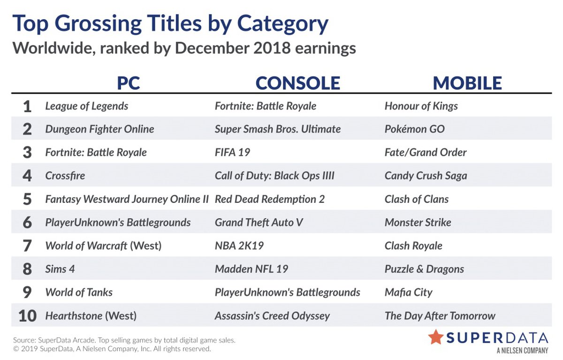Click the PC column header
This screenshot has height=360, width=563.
coord(129,83)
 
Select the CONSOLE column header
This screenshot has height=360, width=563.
coord(298,83)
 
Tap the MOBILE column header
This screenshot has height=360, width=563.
coord(467,83)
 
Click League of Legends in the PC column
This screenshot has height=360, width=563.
coord(87,106)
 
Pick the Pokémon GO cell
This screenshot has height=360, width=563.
coord(414,129)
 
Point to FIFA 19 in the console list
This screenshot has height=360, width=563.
coord(233,153)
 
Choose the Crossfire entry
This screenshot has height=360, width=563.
coord(65,176)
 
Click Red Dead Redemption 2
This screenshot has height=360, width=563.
coord(270,199)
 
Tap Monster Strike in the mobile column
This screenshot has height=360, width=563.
coord(418,222)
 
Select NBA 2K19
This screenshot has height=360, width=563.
coord(239,246)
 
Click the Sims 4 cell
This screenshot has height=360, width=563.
coord(60,269)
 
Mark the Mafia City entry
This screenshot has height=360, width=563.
coord(409,292)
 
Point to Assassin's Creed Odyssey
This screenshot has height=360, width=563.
coord(272,316)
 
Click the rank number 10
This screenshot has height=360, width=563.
coord(27,316)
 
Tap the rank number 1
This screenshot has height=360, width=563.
coord(27,107)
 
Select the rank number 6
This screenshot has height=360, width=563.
coord(27,222)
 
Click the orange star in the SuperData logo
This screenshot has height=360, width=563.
coord(436,337)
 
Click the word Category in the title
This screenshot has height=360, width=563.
coord(283,24)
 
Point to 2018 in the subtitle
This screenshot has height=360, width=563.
coord(272,48)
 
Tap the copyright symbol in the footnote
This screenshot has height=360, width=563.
coord(16,349)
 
